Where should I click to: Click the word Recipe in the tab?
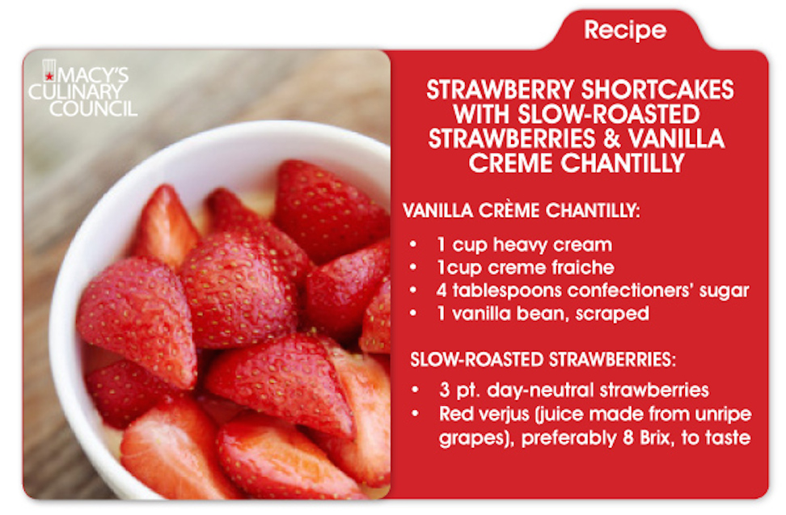point(624,31)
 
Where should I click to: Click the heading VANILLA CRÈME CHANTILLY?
point(521,211)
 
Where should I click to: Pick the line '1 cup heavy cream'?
point(519,244)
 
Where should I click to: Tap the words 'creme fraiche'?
point(555,267)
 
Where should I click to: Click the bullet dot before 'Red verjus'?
point(415,415)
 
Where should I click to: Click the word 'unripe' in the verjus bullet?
point(724,415)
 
